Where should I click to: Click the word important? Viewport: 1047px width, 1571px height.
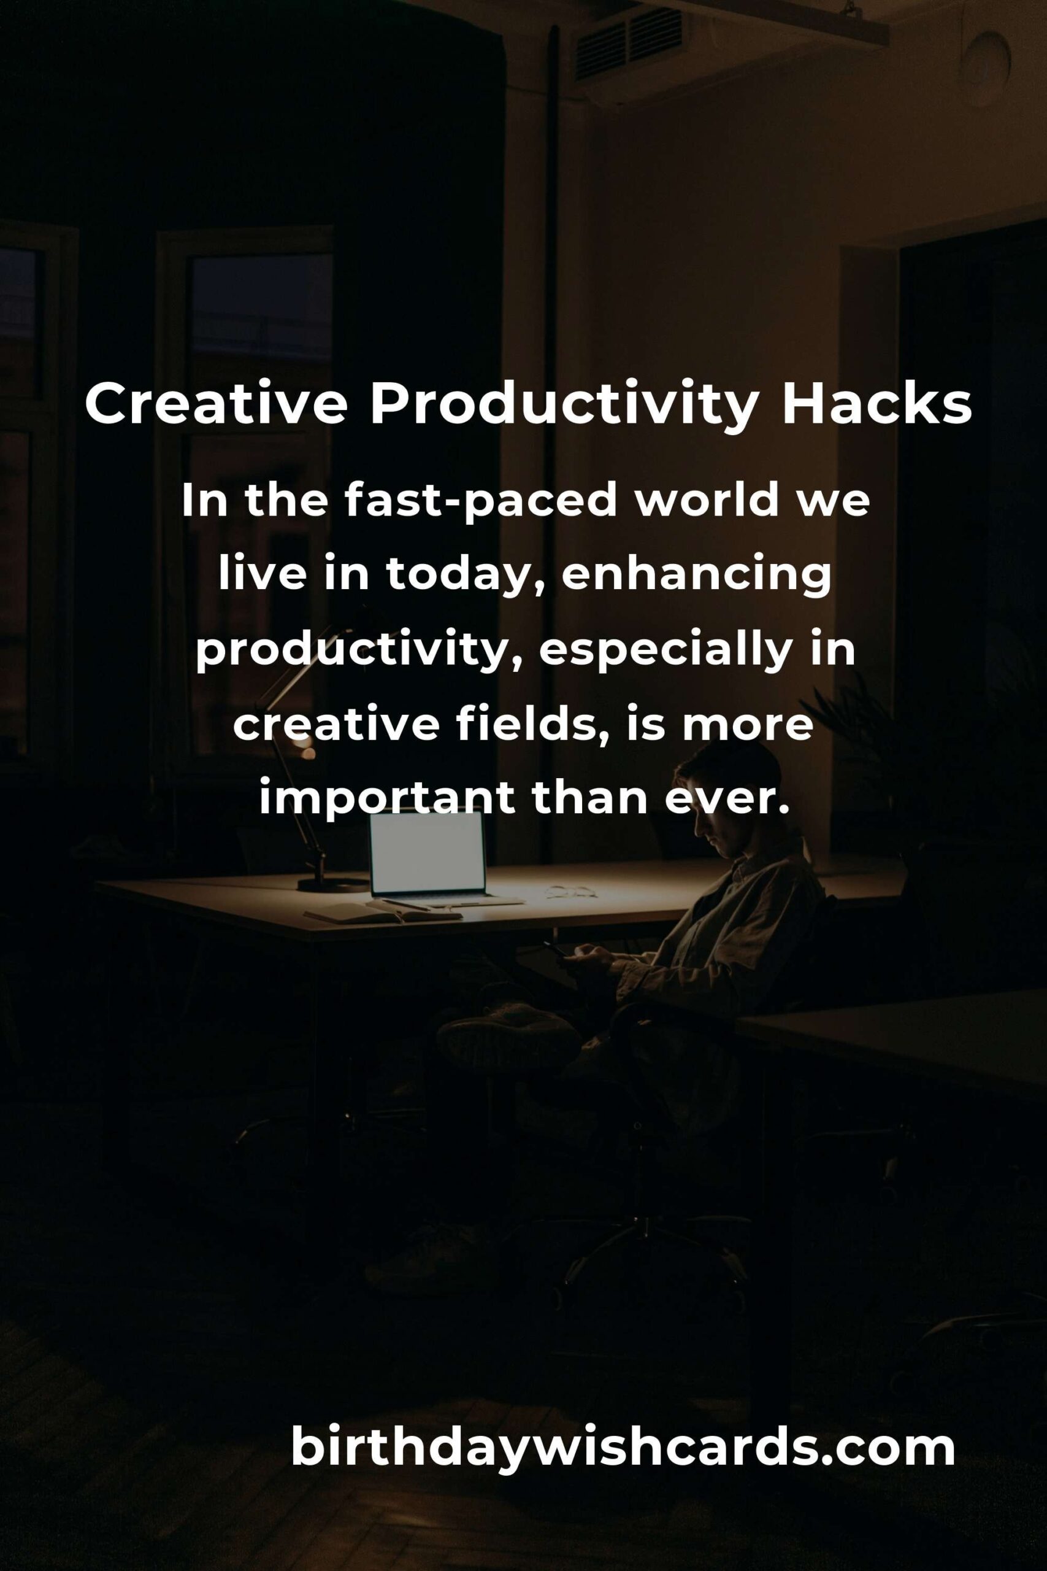coord(387,798)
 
